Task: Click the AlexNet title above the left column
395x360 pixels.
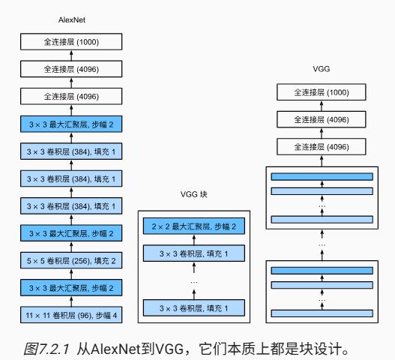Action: [72, 20]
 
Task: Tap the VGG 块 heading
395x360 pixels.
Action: [193, 194]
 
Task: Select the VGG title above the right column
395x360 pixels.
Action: [322, 69]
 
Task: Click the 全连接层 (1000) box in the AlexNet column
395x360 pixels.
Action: [71, 41]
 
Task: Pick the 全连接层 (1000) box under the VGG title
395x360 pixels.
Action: [322, 92]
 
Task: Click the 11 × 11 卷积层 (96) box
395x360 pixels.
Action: [71, 315]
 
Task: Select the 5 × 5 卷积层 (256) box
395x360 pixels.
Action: [71, 260]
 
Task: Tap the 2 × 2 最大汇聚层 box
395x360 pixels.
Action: [194, 226]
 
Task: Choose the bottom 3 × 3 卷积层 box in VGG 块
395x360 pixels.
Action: [194, 307]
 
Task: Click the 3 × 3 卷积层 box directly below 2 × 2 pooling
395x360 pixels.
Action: [194, 253]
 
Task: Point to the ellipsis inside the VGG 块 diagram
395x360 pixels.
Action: [194, 282]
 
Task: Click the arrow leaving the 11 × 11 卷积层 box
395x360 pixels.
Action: [71, 301]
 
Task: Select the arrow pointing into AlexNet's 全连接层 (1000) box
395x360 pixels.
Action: [71, 55]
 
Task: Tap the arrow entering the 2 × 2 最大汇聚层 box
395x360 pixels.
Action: [194, 240]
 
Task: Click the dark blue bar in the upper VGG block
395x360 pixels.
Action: [322, 176]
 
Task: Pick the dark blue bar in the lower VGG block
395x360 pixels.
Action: [322, 271]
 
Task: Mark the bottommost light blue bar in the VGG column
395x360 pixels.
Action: [322, 313]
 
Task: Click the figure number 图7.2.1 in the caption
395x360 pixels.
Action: [46, 349]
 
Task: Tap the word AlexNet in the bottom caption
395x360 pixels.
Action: [115, 349]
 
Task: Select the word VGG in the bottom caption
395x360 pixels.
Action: [169, 349]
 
